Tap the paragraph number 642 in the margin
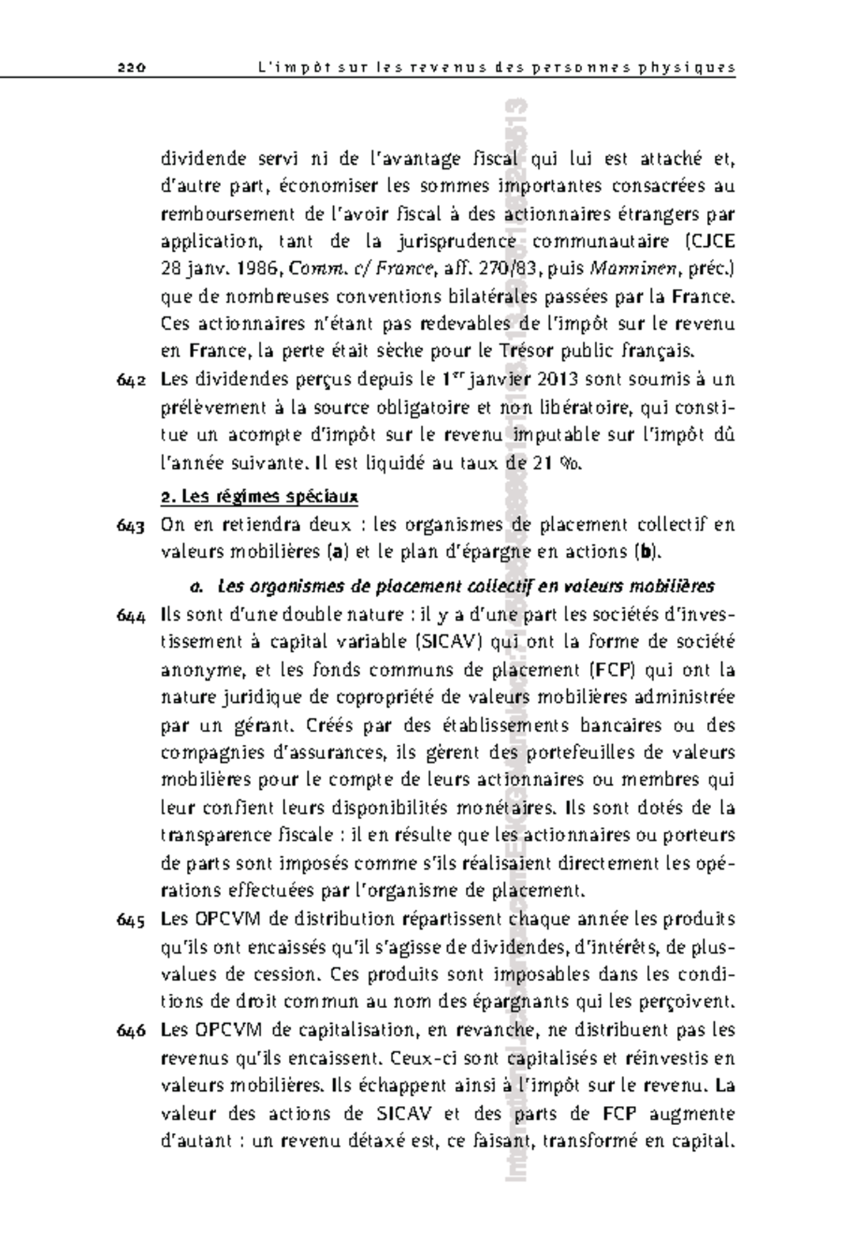(x=131, y=381)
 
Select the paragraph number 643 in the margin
(x=131, y=527)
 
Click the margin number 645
(x=131, y=920)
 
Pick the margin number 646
(x=131, y=1032)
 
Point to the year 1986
(x=257, y=269)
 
